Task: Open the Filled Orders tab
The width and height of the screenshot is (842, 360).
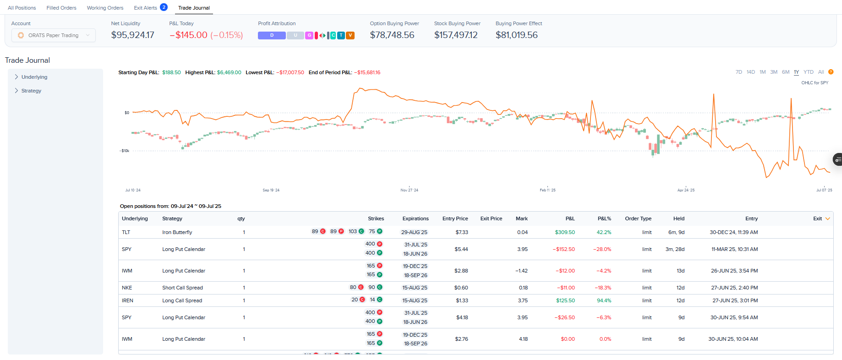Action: click(x=61, y=8)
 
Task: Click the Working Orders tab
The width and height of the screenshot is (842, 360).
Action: click(x=105, y=8)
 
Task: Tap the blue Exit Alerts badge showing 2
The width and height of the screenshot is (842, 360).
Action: click(x=164, y=7)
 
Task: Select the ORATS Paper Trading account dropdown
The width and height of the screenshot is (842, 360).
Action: click(x=54, y=35)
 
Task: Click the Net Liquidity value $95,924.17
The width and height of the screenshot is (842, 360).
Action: click(x=132, y=35)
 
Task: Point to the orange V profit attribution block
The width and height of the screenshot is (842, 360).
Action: click(x=350, y=35)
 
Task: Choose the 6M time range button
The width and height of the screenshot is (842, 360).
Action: click(x=786, y=72)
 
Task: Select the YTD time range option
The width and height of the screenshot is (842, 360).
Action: click(x=809, y=72)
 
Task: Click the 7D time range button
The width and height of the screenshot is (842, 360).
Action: click(x=739, y=72)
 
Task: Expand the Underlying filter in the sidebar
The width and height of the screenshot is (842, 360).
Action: click(x=34, y=77)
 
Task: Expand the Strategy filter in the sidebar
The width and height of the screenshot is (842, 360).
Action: click(x=31, y=91)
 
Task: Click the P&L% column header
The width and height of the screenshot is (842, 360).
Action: click(x=604, y=218)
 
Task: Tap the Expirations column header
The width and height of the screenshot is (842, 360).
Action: click(x=416, y=218)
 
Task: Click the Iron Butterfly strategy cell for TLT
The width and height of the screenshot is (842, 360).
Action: click(x=177, y=232)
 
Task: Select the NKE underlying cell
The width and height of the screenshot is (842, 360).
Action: click(x=127, y=288)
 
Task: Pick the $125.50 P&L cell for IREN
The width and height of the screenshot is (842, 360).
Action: click(x=565, y=300)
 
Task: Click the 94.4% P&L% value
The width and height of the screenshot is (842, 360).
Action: click(x=604, y=300)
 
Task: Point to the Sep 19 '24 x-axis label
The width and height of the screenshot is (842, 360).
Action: click(x=271, y=190)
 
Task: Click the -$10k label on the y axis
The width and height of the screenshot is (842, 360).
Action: click(x=125, y=151)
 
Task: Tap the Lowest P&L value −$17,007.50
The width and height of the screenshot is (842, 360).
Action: click(x=290, y=72)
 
